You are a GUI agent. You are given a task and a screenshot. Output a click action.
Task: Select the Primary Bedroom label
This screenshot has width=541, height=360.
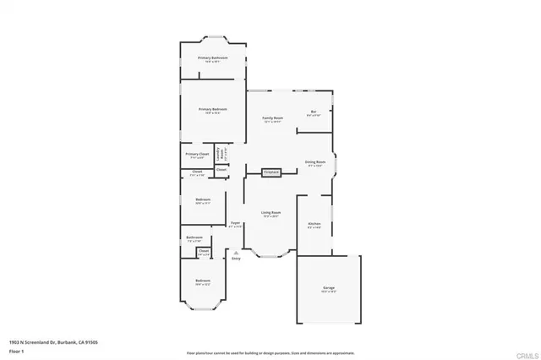[213, 110]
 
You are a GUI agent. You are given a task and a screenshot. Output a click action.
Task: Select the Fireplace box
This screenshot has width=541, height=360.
[271, 172]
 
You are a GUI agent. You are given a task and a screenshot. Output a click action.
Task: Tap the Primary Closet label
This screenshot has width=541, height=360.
[197, 155]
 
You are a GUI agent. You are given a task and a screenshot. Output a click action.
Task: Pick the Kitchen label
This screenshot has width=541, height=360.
[314, 224]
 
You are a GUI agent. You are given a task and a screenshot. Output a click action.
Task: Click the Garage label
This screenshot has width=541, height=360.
[328, 288]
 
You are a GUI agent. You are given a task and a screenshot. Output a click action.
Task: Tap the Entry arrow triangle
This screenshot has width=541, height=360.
[236, 251]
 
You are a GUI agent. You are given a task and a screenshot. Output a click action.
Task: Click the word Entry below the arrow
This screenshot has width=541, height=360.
[236, 258]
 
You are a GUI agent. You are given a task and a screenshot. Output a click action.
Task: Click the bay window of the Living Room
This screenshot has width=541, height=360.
[270, 252]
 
